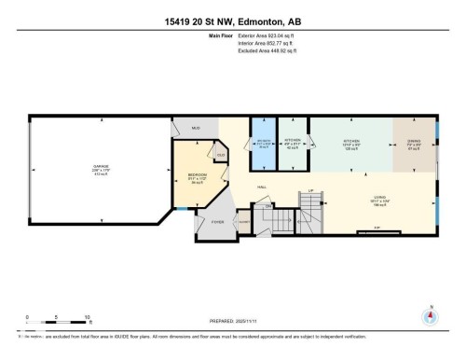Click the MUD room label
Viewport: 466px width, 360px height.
(196, 127)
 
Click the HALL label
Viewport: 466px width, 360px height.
(263, 184)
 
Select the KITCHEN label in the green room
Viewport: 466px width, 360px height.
(350, 144)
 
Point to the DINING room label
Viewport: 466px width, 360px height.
(414, 144)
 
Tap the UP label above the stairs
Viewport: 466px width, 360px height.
(309, 192)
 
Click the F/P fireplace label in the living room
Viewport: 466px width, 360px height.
(376, 228)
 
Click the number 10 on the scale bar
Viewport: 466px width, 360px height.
(87, 317)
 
